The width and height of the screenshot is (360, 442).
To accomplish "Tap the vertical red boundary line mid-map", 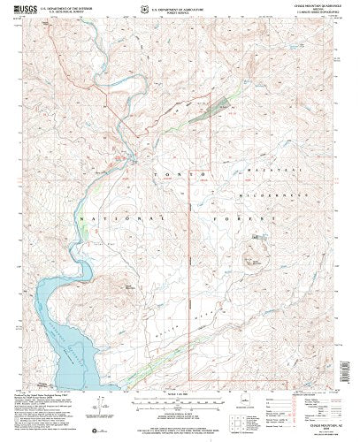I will pyautogui.click(x=193, y=265).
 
